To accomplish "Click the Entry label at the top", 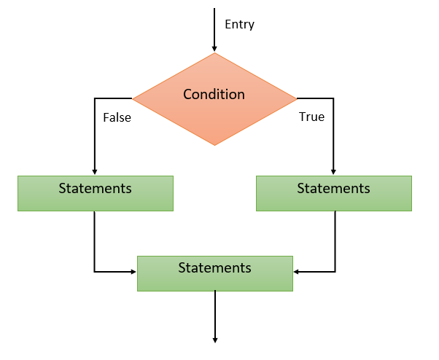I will [239, 24].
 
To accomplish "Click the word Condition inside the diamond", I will [214, 95].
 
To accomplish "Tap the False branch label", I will [117, 117].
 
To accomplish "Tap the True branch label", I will [311, 117].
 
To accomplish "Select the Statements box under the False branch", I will [96, 193].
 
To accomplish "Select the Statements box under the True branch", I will [333, 193].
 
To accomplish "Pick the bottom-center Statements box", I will [215, 273].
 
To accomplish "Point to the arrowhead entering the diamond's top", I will [214, 49].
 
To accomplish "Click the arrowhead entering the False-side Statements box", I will [95, 172].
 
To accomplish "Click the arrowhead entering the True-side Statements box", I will [333, 172].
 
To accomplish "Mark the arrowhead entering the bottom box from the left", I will [134, 272].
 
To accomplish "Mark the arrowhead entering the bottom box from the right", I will [296, 272].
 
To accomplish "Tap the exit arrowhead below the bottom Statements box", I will [215, 338].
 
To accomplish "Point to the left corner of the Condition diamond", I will [133, 98].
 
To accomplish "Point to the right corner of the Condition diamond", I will [296, 98].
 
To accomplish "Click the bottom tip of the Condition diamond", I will [214, 145].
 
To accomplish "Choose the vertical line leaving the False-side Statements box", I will [95, 240].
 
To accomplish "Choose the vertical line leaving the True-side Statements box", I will [335, 240].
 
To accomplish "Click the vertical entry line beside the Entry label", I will [214, 26].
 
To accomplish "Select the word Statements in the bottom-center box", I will [215, 267].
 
